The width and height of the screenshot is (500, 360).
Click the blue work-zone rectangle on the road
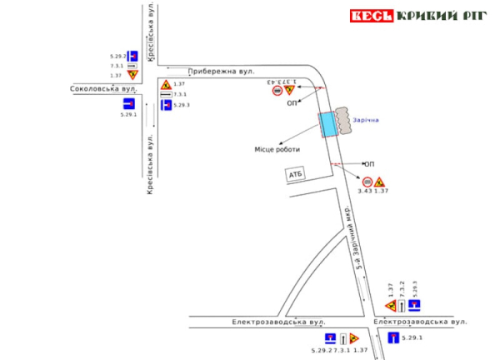[x=328, y=123]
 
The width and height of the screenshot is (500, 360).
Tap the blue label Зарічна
[x=365, y=119]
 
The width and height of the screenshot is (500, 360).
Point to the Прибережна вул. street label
[x=221, y=72]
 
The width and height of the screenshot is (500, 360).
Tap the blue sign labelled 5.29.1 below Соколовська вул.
[x=128, y=103]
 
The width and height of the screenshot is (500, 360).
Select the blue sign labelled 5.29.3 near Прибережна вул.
[x=166, y=105]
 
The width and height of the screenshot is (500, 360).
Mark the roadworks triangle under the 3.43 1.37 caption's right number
[x=380, y=182]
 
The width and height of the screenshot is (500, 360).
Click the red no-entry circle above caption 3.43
[x=367, y=182]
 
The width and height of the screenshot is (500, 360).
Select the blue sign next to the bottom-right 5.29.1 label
[x=393, y=337]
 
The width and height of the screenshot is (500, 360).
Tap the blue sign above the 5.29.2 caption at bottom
[x=330, y=338]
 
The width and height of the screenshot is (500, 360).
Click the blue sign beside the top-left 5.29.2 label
[x=132, y=56]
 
